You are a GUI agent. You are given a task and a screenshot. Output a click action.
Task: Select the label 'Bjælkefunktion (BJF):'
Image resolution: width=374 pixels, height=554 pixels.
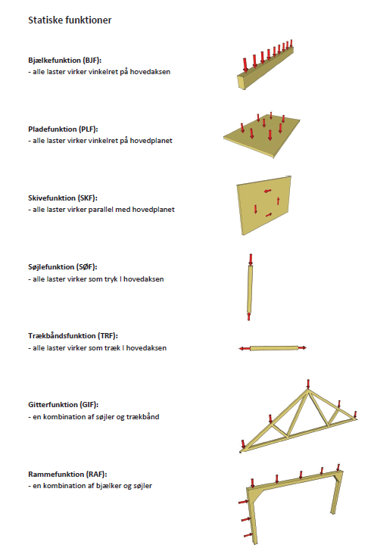tap(64, 59)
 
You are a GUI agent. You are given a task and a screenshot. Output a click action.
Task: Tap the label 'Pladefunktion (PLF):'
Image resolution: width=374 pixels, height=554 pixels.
tap(63, 129)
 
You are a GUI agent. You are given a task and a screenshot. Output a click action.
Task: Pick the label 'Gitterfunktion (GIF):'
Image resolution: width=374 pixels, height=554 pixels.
tap(64, 405)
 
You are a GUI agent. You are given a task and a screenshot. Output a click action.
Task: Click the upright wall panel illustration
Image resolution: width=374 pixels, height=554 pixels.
tap(264, 204)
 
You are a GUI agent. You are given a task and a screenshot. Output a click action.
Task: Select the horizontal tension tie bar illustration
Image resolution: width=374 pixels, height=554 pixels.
tap(273, 348)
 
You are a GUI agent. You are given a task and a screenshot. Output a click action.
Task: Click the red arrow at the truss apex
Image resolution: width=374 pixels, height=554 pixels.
tap(307, 384)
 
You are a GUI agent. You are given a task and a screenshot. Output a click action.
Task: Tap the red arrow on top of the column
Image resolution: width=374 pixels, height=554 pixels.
tap(251, 259)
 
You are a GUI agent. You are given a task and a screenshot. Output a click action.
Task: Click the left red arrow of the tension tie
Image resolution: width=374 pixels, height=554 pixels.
tap(244, 349)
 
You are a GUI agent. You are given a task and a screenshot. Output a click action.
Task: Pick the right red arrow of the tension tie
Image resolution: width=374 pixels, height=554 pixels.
tap(301, 348)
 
